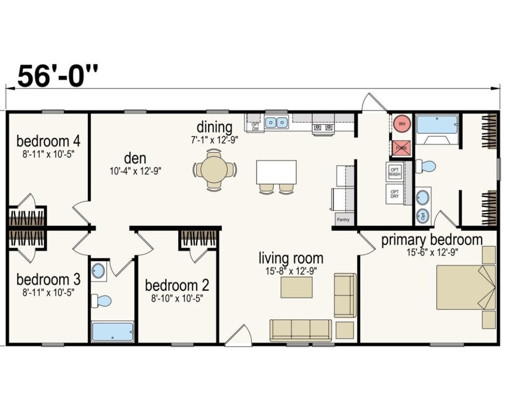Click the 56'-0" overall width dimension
coord(58,75)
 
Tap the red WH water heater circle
coord(401,124)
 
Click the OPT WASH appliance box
coord(394,171)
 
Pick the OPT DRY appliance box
coord(394,194)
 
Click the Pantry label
coord(343,219)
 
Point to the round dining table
coord(215,169)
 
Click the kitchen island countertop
coord(276,171)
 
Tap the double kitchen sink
coord(276,122)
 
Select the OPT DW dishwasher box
coord(255,127)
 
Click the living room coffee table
coord(296,287)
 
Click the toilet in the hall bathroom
coord(102,300)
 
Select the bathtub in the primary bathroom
coord(437,125)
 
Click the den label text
coord(135,158)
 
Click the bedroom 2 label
coord(177,285)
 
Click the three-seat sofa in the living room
coord(300,329)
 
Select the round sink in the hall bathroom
coord(99,272)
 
